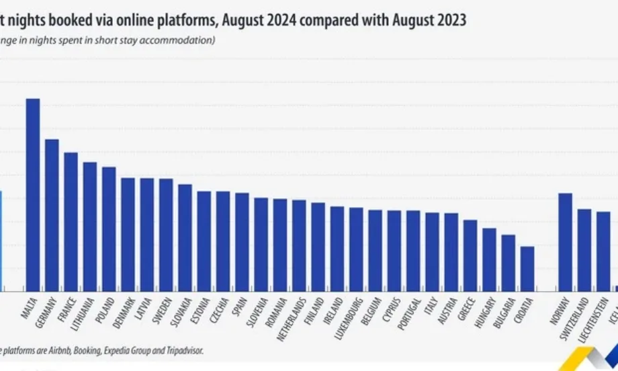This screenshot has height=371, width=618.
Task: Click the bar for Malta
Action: coord(32,194)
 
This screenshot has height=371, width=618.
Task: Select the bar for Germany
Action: coord(52,214)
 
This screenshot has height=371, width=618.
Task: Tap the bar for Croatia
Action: coord(527,268)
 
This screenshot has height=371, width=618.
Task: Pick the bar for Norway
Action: coord(566,241)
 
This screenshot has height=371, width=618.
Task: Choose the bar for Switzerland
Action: coord(584,249)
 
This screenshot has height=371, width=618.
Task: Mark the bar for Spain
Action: coord(242,241)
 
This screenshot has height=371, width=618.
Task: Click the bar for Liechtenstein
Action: coord(604,251)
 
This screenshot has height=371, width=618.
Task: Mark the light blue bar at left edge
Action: coord(1,240)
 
